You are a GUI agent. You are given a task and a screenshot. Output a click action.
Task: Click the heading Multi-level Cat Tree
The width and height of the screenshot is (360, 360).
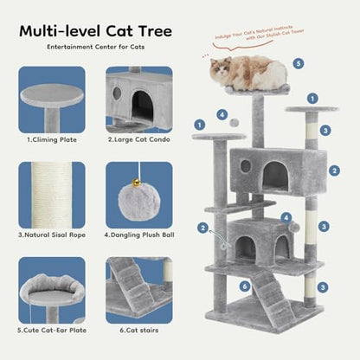pos(96,32)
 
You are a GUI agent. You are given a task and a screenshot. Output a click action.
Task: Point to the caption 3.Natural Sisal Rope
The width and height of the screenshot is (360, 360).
pos(52,233)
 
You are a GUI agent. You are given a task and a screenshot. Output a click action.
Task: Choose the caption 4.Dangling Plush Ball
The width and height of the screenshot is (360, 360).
pos(139,233)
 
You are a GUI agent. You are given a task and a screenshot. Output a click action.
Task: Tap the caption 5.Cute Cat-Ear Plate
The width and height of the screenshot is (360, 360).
pos(52,330)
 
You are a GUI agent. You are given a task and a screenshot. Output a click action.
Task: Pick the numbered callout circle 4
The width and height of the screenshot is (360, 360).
pos(222,113)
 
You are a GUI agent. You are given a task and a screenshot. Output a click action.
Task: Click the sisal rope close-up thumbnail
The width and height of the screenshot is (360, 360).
pos(52,194)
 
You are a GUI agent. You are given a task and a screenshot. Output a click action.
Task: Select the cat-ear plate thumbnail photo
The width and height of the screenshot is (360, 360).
pos(52,290)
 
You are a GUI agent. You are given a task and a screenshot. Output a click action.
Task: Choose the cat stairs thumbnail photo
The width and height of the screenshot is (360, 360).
pos(139,290)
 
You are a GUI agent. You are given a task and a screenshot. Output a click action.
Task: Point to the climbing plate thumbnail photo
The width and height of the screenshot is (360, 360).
pos(52,100)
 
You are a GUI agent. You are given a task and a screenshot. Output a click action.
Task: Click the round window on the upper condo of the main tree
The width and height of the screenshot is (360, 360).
pos(245,165)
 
